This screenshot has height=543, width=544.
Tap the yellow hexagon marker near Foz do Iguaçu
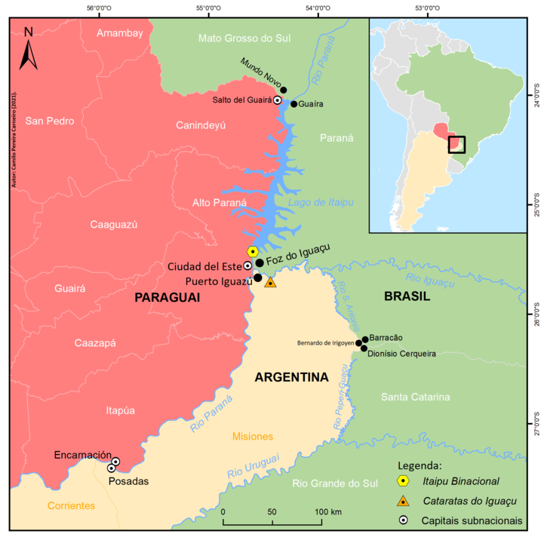[x=253, y=251]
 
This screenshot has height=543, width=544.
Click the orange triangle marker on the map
[x=271, y=282]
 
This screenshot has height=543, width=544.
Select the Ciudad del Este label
[x=204, y=266]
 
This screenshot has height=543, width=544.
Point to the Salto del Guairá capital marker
[x=277, y=100]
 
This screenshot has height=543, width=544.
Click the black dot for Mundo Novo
[x=284, y=90]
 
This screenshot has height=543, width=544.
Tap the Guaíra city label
[x=312, y=104]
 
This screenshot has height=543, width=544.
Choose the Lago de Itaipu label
[x=320, y=203]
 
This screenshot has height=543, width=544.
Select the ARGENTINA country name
[x=292, y=377]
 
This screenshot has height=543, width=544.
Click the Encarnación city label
[x=83, y=455]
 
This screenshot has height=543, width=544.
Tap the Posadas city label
[x=133, y=482]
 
